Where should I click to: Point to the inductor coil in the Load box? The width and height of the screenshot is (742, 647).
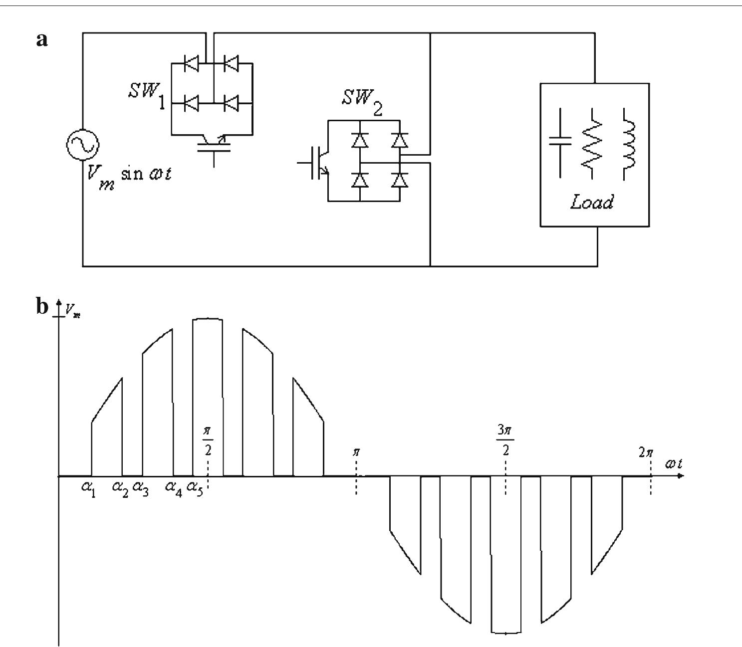click(628, 145)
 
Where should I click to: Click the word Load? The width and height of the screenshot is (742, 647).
click(592, 203)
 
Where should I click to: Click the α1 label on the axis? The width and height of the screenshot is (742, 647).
click(89, 487)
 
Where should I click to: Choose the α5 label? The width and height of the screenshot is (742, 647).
click(195, 487)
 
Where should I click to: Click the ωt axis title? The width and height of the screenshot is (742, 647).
click(673, 464)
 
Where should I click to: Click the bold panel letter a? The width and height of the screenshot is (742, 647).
click(42, 39)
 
